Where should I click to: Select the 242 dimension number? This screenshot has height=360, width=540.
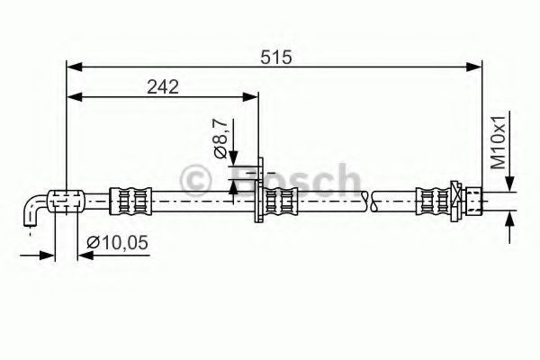point(162,86)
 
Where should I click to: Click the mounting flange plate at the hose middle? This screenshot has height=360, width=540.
point(259,193)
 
